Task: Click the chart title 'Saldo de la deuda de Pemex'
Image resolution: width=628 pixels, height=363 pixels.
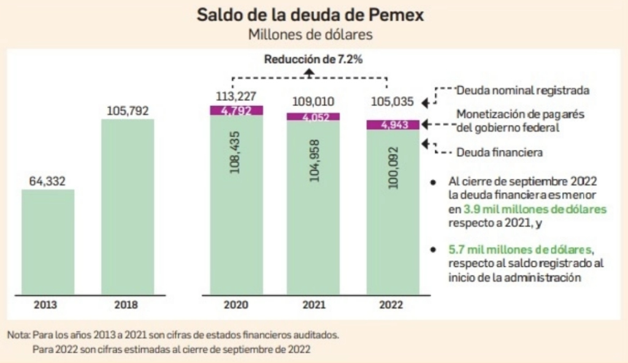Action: (310, 15)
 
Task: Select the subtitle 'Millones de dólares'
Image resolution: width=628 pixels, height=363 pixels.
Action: (310, 34)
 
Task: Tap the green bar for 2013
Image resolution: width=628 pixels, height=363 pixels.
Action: (48, 242)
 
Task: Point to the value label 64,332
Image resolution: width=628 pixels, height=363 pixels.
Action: (48, 181)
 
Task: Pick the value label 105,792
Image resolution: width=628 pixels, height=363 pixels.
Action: (128, 111)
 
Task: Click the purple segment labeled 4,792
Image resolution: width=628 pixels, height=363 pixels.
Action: (236, 111)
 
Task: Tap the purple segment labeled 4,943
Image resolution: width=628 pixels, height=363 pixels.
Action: (392, 125)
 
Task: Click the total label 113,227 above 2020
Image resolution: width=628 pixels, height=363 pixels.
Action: (236, 97)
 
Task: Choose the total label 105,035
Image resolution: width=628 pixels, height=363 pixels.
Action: (392, 102)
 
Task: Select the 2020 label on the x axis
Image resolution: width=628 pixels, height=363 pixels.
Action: (236, 304)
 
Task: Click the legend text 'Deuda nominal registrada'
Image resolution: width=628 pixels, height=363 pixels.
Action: (523, 90)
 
